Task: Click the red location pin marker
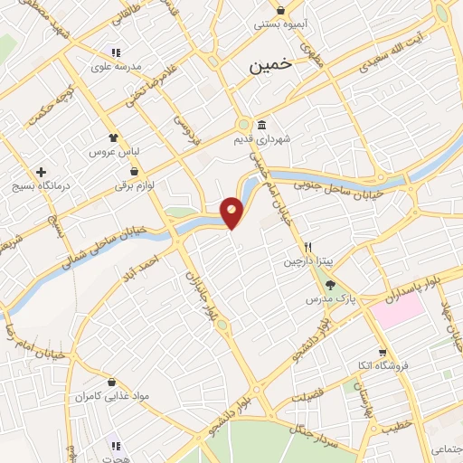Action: click(x=232, y=213)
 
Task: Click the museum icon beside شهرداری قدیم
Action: click(x=261, y=125)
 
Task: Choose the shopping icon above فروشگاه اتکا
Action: click(x=383, y=351)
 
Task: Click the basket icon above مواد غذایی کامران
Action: click(x=111, y=382)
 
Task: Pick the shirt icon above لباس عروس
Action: click(x=112, y=137)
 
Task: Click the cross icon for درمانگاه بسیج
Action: click(x=40, y=172)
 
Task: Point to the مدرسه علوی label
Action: click(x=112, y=66)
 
